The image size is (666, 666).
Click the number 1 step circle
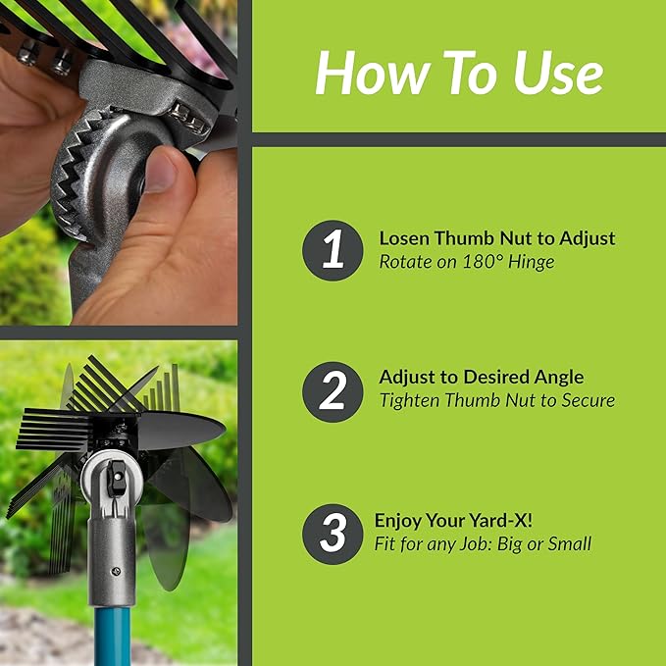point(333,251)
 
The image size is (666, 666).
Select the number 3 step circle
point(333,533)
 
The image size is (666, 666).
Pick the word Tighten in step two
point(409,400)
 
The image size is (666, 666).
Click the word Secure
point(585,400)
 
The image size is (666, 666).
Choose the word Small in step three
point(568,544)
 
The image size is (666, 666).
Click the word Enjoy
point(399,521)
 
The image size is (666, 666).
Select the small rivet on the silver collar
point(117,568)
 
